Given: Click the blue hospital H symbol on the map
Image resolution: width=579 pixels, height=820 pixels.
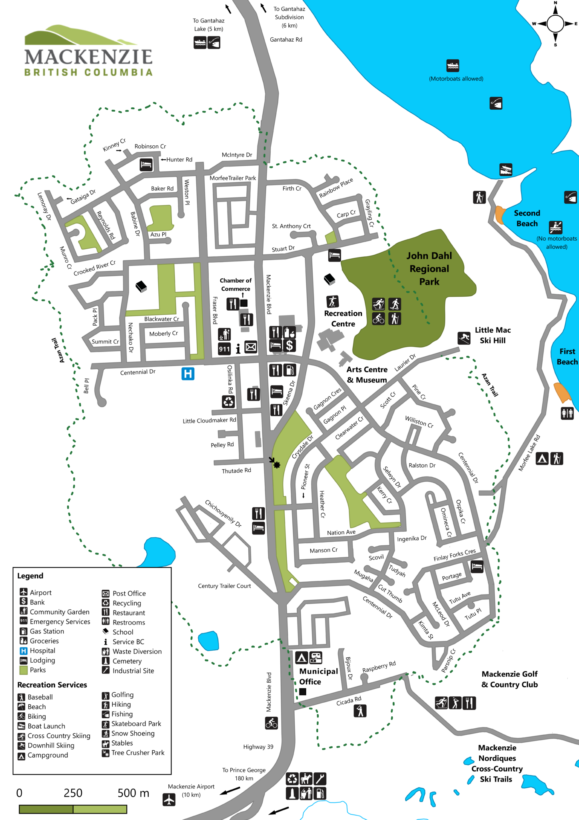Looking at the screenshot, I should pyautogui.click(x=188, y=374).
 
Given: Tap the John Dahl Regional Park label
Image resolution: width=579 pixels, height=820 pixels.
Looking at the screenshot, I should pyautogui.click(x=429, y=269).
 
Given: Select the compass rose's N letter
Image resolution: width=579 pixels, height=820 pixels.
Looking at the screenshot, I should pyautogui.click(x=555, y=3).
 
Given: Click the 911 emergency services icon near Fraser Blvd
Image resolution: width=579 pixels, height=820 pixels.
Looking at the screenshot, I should pyautogui.click(x=224, y=349).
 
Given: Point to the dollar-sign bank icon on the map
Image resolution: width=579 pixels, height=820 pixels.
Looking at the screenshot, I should pyautogui.click(x=290, y=346).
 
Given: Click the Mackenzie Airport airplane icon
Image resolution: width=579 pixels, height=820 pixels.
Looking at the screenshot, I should pyautogui.click(x=169, y=800).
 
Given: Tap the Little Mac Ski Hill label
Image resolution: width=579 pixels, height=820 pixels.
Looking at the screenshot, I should pyautogui.click(x=493, y=335).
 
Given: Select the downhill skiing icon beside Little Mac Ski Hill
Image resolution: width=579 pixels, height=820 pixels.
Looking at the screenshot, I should pyautogui.click(x=464, y=338).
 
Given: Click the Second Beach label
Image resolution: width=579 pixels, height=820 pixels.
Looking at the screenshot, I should pyautogui.click(x=527, y=218).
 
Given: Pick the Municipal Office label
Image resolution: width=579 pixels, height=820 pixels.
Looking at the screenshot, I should pyautogui.click(x=319, y=676).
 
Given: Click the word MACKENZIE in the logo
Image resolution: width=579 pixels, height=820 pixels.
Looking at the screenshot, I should pyautogui.click(x=88, y=57).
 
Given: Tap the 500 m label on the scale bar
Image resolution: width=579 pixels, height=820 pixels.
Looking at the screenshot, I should pyautogui.click(x=133, y=793).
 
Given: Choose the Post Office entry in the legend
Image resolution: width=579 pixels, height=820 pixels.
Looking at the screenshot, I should pyautogui.click(x=129, y=593).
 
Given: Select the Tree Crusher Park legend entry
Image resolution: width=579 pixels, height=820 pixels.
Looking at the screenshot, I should pyautogui.click(x=138, y=753).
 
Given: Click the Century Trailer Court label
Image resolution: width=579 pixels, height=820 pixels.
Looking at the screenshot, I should pyautogui.click(x=224, y=586).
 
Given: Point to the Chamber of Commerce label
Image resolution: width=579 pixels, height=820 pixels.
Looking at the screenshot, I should pyautogui.click(x=236, y=285).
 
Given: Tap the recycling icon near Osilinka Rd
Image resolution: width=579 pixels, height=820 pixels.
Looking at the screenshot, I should pyautogui.click(x=228, y=401).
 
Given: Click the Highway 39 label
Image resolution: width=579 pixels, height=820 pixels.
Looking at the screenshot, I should pyautogui.click(x=258, y=747).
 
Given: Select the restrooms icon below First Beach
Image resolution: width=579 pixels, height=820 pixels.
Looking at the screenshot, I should pyautogui.click(x=567, y=413).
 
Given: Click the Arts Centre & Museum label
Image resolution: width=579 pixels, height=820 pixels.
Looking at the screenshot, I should pyautogui.click(x=367, y=374).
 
